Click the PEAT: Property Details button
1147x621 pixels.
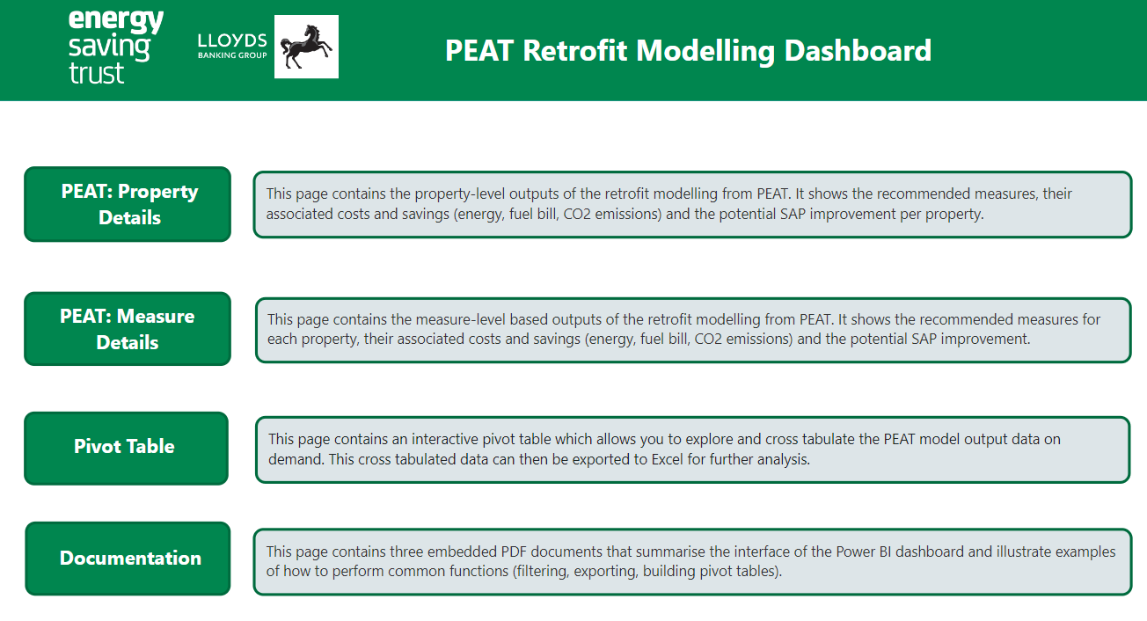[128, 204]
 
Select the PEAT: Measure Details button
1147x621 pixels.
[128, 329]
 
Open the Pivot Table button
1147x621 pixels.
[126, 448]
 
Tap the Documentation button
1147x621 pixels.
[128, 559]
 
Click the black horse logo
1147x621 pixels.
[306, 47]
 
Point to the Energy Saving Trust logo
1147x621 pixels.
[116, 47]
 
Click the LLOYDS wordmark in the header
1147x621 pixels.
[232, 40]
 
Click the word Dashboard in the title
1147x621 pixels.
[858, 51]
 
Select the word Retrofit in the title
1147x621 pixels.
[574, 51]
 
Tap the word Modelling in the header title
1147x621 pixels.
[705, 52]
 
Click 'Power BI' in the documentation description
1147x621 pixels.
[863, 552]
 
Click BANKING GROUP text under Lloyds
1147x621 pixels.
[232, 55]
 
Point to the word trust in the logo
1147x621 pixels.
[96, 73]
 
